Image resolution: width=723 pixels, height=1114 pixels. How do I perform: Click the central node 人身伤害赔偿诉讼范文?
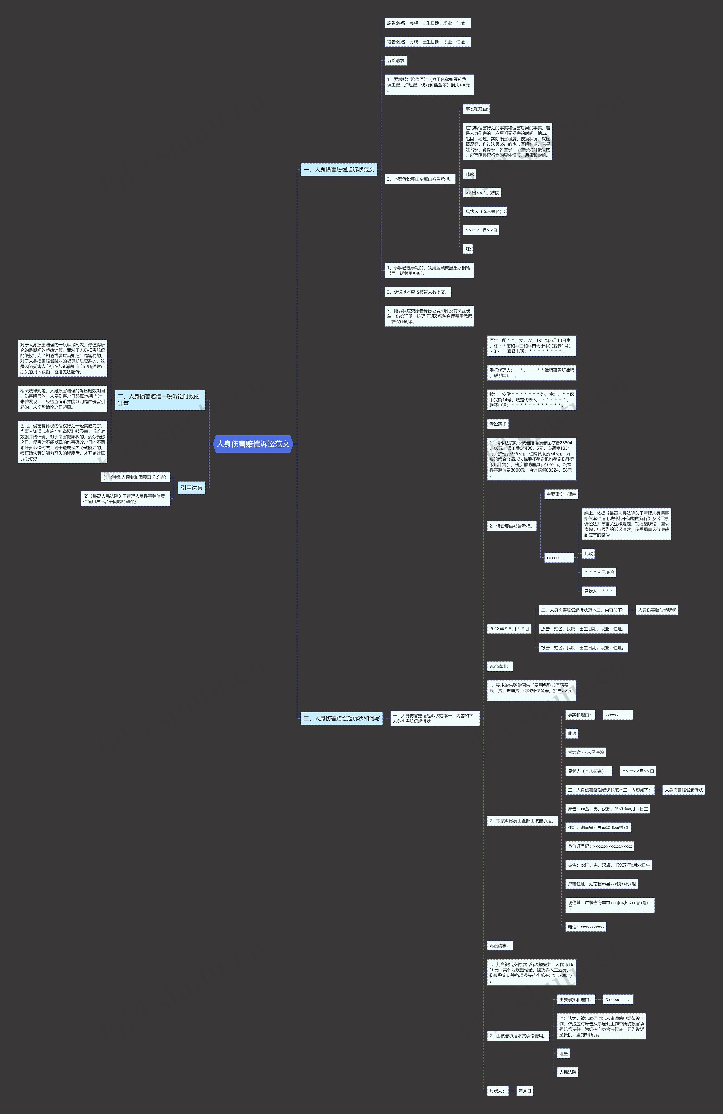click(x=253, y=444)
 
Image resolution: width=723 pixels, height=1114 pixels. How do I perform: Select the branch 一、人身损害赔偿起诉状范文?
click(x=339, y=170)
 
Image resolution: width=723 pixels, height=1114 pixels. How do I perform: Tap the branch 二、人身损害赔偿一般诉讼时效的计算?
click(x=160, y=400)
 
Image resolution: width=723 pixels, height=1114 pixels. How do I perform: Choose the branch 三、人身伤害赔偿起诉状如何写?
click(x=341, y=718)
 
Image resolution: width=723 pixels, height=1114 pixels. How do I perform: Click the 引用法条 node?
click(x=191, y=488)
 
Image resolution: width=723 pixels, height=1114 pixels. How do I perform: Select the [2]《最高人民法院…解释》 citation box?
click(x=125, y=498)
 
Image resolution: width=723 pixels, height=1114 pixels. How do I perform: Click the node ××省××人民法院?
click(x=482, y=193)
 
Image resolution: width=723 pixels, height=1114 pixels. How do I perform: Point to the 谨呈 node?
click(x=563, y=1053)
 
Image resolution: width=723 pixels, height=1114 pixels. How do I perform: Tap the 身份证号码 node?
click(x=600, y=846)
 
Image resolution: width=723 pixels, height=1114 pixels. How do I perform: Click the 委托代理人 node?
click(x=532, y=373)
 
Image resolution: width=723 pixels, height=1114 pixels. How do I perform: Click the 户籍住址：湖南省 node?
click(x=602, y=884)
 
